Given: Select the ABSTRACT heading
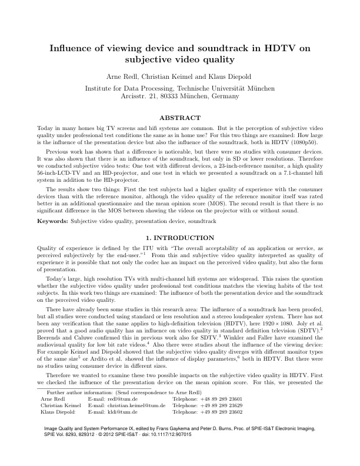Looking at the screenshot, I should (180, 117).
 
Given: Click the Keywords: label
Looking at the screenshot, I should (52, 221).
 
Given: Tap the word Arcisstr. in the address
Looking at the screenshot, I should (132, 95).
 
